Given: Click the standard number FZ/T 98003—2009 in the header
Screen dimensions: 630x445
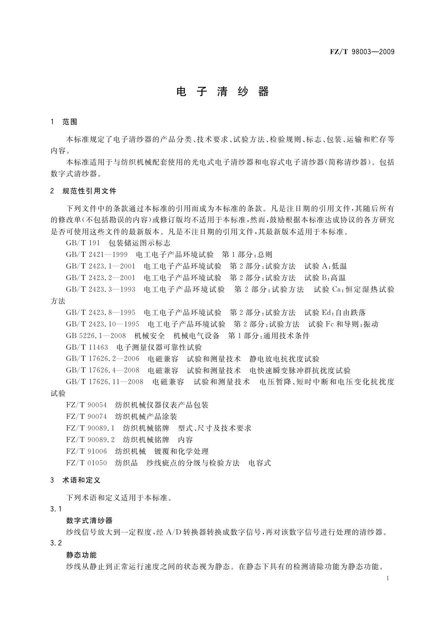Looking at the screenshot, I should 362,52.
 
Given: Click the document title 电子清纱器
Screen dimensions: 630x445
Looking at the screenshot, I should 222,92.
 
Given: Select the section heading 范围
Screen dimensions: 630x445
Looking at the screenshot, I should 70,122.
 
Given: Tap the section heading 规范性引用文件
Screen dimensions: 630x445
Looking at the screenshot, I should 89,191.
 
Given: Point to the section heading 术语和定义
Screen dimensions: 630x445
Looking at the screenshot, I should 81,480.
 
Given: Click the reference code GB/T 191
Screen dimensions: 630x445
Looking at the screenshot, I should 83,243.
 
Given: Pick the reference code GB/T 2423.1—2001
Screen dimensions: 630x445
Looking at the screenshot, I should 101,266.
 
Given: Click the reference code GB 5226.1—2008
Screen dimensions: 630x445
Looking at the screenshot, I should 96,336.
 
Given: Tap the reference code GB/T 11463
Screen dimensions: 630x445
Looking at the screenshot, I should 87,347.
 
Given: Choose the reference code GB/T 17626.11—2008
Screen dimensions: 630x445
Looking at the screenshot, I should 105,382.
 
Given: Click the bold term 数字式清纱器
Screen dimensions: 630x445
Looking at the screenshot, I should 89,520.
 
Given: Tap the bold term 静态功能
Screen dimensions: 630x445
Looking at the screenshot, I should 81,555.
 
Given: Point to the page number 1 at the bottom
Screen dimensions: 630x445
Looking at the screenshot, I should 388,578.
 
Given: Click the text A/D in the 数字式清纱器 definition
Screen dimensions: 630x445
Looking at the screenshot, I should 173,532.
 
